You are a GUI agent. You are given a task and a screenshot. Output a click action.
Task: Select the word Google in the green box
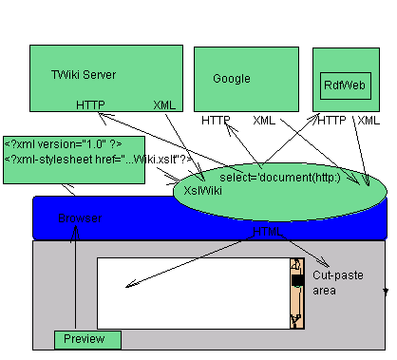click(232, 79)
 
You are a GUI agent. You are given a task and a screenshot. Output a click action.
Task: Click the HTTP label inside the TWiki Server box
click(91, 105)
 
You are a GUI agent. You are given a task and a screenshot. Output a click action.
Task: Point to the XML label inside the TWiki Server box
click(163, 105)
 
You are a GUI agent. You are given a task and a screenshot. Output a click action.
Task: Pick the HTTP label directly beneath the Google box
click(217, 121)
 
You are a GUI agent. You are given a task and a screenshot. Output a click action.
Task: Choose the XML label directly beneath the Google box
click(266, 121)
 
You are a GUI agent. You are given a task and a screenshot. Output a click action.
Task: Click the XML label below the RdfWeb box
click(368, 121)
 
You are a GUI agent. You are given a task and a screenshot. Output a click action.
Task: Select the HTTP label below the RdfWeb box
click(331, 121)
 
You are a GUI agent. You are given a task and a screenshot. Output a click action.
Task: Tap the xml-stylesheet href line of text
click(85, 159)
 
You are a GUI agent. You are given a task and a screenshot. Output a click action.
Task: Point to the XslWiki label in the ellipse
click(202, 190)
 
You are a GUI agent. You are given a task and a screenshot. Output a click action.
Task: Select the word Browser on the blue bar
click(80, 218)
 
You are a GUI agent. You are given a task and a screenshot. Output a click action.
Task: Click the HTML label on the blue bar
click(273, 231)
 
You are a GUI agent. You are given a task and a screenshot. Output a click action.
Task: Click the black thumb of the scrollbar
click(296, 281)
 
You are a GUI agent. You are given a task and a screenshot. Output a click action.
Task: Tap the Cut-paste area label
click(331, 276)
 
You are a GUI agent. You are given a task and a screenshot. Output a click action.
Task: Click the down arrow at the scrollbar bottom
click(296, 322)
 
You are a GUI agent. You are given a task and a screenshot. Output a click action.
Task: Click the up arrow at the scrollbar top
click(296, 263)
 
